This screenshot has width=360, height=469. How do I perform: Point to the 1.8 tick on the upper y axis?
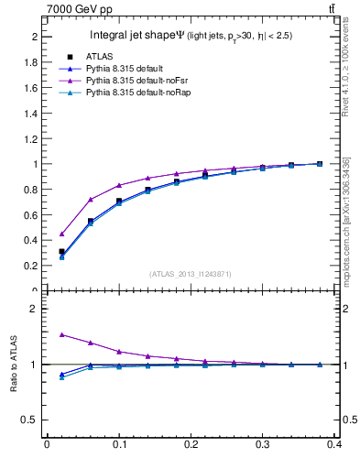coord(34,62)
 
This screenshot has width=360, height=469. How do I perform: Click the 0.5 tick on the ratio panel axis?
coord(34,420)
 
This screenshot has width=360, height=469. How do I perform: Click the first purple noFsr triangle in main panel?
coord(61,234)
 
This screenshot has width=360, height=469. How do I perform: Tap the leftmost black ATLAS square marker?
coord(61,251)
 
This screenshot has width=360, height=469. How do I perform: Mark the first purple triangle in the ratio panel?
coord(61,334)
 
